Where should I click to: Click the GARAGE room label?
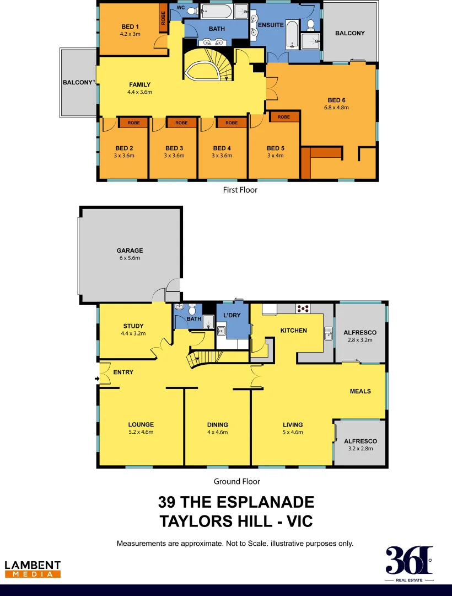coord(130,251)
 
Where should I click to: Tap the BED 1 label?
coord(130,26)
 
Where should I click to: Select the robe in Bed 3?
coord(181,123)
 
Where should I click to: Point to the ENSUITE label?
coord(271,25)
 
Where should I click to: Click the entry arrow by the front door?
coord(98,379)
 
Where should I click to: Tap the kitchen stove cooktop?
coord(303,308)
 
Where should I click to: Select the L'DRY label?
coord(232,315)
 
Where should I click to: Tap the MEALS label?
coord(360,391)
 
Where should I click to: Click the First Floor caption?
coord(240,190)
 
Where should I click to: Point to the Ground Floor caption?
coord(237,481)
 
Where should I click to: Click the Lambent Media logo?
coord(33,569)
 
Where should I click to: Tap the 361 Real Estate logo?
coord(409,564)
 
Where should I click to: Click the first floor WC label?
coord(180,8)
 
